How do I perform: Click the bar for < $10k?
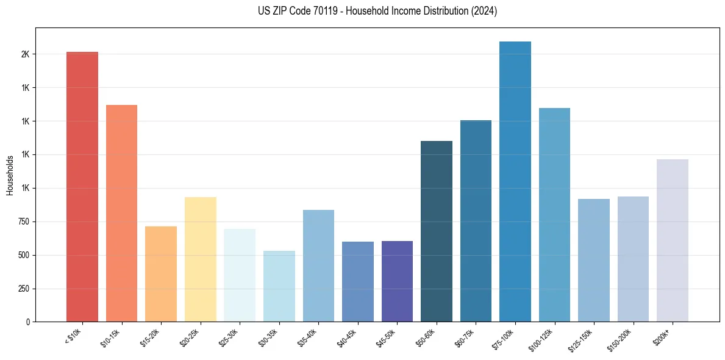point(82,187)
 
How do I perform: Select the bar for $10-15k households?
point(121,213)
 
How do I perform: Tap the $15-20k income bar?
point(161,274)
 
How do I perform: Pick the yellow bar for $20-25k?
point(200,259)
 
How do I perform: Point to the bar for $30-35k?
point(279,286)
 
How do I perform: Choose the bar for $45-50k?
point(397,281)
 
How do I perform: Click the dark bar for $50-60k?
point(437,231)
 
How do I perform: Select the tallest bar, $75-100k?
point(515,181)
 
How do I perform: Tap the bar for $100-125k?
point(554,215)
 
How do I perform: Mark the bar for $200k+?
point(673,240)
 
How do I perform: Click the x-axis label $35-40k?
point(310,337)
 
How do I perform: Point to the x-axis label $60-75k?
point(468,337)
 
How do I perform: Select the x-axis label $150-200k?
point(624,339)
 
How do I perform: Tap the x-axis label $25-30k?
point(232,337)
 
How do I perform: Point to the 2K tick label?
point(25,54)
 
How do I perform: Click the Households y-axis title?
point(10,175)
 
